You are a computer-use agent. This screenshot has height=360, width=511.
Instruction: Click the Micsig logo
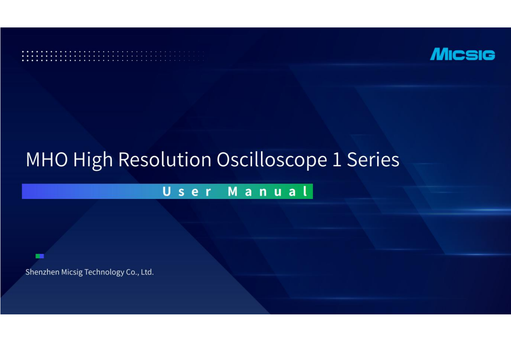[x=462, y=54]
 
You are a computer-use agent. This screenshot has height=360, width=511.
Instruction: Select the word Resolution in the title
[x=165, y=160]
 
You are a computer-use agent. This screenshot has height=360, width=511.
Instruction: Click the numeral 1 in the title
[x=337, y=160]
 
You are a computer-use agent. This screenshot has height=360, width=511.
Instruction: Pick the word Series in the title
[x=373, y=160]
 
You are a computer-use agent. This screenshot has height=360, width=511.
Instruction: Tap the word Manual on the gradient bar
[x=268, y=191]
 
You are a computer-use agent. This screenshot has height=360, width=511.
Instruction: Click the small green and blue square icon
[x=40, y=256]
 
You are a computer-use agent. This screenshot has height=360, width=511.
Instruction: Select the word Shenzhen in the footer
[x=42, y=272]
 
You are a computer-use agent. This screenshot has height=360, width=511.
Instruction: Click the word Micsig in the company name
[x=72, y=272]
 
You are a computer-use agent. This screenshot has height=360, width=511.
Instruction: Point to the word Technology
[x=104, y=272]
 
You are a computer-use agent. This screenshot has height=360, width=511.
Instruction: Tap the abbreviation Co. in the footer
[x=132, y=272]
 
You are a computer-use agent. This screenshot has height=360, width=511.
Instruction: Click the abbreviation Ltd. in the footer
[x=147, y=272]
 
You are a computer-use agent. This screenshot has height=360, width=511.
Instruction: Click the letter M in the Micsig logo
[x=439, y=54]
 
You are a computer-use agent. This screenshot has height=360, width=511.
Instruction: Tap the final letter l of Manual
[x=306, y=191]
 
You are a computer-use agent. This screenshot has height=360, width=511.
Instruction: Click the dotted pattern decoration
[x=113, y=56]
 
